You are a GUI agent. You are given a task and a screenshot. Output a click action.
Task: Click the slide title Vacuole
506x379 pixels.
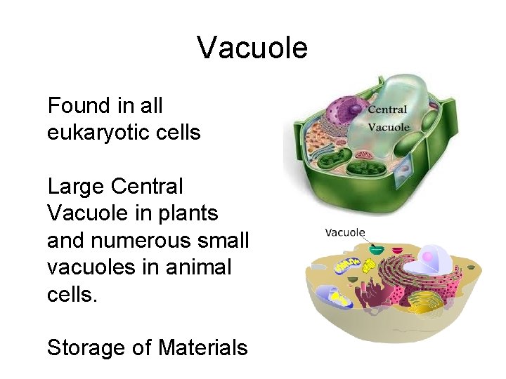252,48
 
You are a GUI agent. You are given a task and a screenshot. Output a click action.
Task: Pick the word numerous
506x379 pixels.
144,240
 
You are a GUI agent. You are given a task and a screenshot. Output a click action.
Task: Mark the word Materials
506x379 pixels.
203,347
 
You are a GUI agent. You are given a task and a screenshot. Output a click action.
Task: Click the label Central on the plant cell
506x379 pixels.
388,110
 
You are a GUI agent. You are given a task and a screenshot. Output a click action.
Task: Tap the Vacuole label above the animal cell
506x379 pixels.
344,232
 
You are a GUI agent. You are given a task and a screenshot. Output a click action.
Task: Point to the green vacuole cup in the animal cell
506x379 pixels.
377,249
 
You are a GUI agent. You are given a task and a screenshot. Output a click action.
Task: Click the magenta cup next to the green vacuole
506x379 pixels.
398,250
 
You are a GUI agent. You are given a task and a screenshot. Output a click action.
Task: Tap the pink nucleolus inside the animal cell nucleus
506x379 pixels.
426,254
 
